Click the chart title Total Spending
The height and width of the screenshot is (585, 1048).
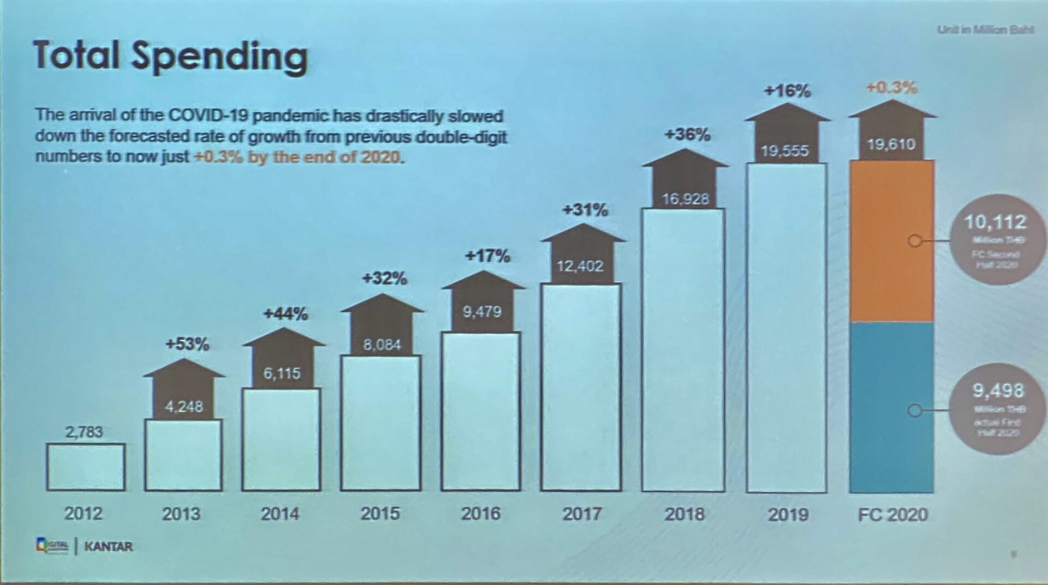170,56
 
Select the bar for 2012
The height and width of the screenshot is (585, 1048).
86,467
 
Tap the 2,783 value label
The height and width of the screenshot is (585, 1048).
84,432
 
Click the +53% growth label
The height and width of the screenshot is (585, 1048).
187,344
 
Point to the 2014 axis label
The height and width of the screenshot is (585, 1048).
279,514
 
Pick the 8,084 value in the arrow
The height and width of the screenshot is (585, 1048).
382,345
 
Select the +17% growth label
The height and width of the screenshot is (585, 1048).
487,256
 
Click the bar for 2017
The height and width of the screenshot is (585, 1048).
581,387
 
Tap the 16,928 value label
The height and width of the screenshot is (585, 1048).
686,199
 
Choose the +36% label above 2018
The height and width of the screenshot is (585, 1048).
687,134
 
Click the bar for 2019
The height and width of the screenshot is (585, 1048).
787,327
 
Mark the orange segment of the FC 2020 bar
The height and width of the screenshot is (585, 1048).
892,240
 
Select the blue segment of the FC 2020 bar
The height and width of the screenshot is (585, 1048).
892,408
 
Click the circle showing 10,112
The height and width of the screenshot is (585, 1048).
996,239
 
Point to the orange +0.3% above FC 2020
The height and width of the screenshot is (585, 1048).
892,87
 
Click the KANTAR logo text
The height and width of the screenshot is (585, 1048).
108,546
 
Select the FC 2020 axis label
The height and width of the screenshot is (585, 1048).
892,514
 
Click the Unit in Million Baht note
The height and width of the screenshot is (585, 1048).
985,29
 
